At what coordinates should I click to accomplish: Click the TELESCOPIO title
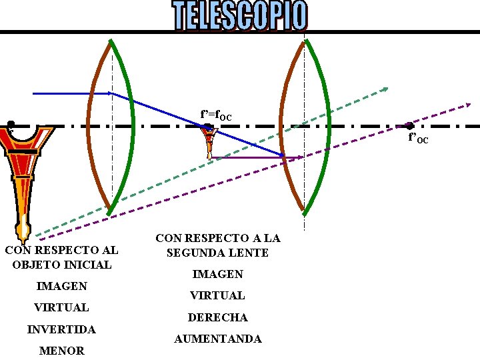[x=241, y=15]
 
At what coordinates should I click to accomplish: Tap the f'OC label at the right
[x=418, y=139]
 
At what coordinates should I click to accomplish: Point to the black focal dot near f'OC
[x=410, y=125]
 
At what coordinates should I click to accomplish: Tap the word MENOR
[x=61, y=350]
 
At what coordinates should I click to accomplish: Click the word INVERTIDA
[x=61, y=329]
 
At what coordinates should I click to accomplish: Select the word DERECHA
[x=218, y=317]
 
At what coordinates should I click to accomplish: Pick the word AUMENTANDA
[x=218, y=339]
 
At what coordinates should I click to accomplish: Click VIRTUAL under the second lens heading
[x=218, y=295]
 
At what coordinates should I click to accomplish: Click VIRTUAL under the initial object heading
[x=61, y=307]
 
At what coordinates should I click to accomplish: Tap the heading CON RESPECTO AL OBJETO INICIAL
[x=61, y=257]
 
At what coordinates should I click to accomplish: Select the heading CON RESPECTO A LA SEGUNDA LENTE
[x=218, y=245]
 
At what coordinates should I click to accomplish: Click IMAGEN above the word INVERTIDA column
[x=61, y=286]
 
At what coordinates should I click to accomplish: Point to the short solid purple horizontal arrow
[x=257, y=157]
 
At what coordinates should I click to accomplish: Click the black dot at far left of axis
[x=11, y=124]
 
